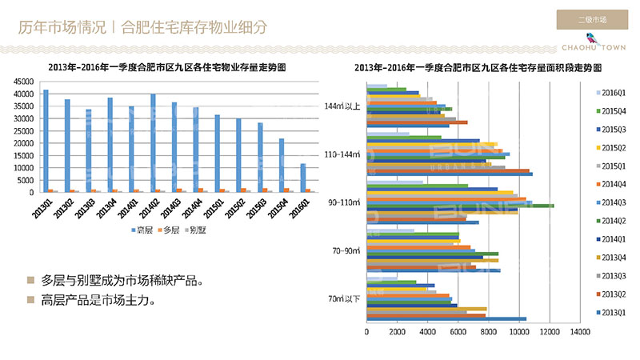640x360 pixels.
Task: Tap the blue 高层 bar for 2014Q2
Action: click(x=153, y=143)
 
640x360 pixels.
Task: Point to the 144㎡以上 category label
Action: click(x=342, y=106)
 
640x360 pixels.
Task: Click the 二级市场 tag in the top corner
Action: click(x=591, y=19)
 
